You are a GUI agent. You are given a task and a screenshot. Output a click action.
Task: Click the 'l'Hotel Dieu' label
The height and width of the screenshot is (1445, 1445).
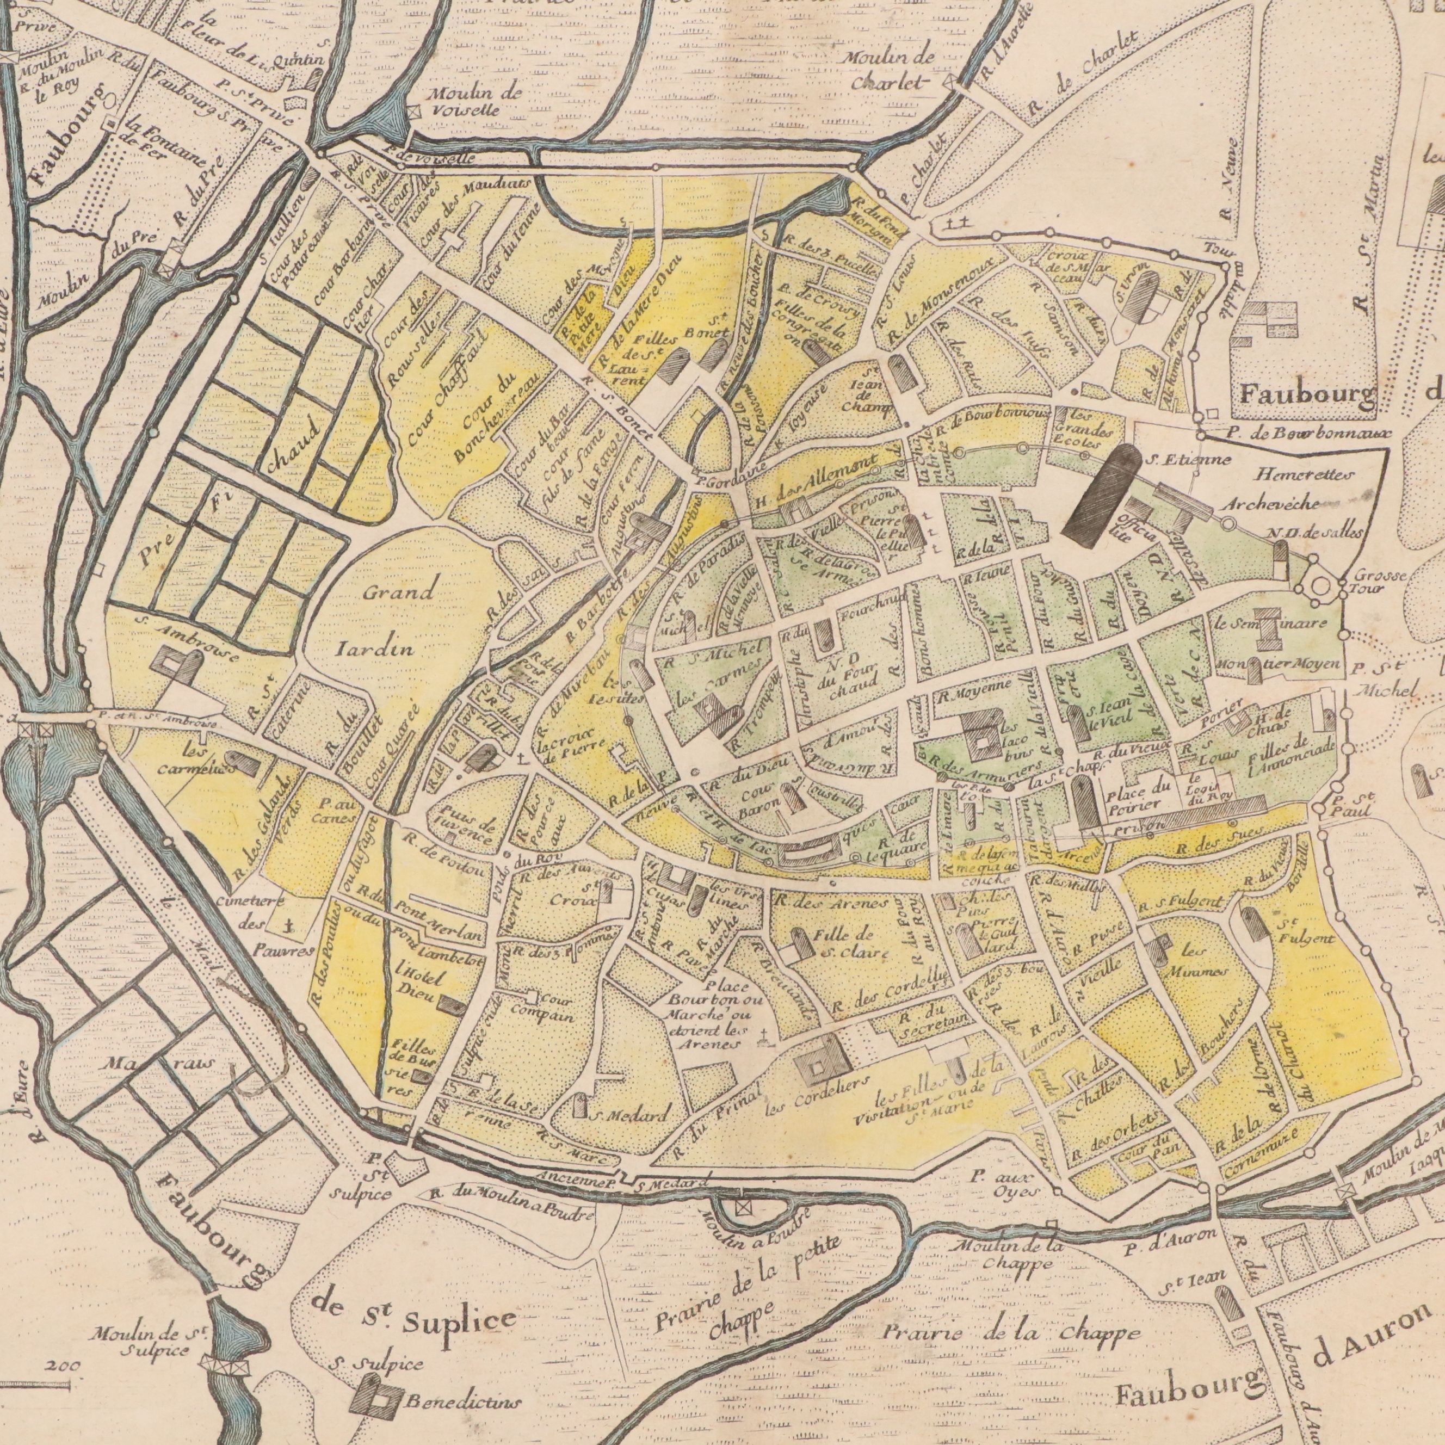[x=410, y=986]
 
